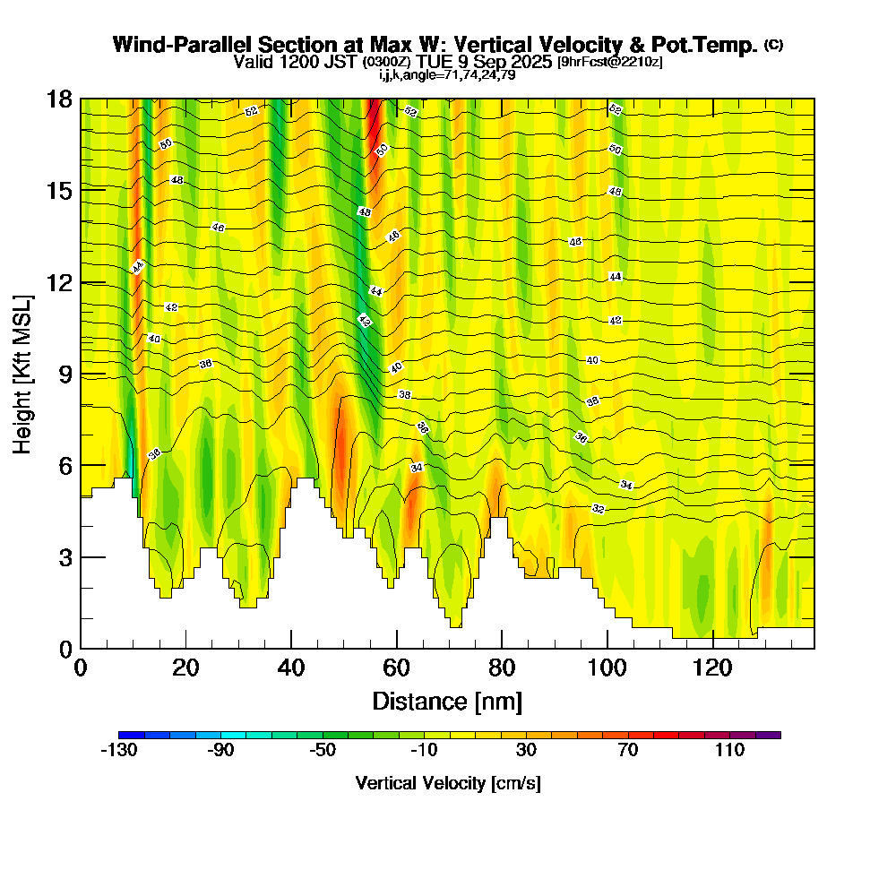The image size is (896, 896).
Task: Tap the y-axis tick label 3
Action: point(65,557)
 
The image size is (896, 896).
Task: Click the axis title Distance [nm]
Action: point(447,701)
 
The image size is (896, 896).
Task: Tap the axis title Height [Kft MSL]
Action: point(23,373)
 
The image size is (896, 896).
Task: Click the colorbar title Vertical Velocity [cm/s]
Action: point(448,783)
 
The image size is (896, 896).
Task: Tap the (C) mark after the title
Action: point(774,45)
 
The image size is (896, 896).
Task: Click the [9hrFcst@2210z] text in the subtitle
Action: point(610,62)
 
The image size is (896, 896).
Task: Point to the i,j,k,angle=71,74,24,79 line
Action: point(447,75)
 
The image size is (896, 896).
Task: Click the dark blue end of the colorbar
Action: point(125,735)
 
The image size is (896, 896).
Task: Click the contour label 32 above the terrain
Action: point(599,509)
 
